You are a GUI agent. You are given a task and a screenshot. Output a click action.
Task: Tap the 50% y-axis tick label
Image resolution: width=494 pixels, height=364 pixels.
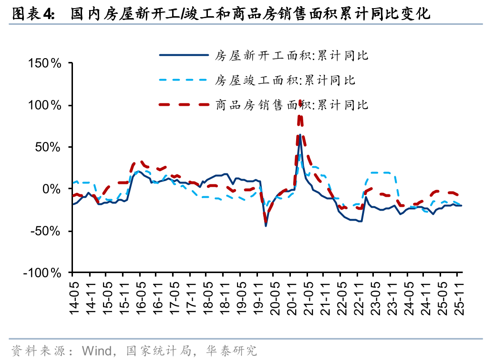click(x=48, y=147)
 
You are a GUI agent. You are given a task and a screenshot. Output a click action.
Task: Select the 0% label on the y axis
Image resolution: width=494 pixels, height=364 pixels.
click(x=51, y=189)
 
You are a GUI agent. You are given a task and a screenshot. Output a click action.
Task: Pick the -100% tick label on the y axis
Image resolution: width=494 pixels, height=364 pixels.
click(x=42, y=273)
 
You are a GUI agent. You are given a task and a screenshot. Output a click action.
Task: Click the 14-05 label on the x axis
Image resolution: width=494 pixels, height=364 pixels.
click(x=73, y=297)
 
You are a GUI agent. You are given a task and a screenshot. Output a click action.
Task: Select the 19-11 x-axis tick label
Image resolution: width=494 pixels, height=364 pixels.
click(x=258, y=297)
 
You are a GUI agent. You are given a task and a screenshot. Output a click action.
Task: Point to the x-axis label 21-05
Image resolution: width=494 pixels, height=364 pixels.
click(x=308, y=297)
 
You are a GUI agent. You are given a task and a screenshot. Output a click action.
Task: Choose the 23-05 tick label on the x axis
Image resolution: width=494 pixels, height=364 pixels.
click(x=375, y=297)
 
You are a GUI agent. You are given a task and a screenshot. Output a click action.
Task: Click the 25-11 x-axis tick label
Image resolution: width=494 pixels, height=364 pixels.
click(x=459, y=297)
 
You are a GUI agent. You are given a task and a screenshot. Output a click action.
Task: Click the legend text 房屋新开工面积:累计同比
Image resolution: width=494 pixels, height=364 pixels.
click(x=291, y=55)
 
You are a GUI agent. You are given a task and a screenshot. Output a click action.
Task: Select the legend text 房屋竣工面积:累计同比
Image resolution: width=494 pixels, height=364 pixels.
click(x=285, y=80)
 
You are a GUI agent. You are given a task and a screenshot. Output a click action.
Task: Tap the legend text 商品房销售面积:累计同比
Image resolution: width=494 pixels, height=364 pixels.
click(x=291, y=104)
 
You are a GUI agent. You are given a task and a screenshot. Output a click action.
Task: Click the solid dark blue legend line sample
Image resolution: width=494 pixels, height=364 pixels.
click(x=184, y=55)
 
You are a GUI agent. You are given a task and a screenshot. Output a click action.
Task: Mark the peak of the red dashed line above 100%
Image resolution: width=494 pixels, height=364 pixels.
click(x=300, y=102)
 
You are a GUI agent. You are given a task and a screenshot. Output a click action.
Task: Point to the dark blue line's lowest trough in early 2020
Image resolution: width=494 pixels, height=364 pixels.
click(x=266, y=225)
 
